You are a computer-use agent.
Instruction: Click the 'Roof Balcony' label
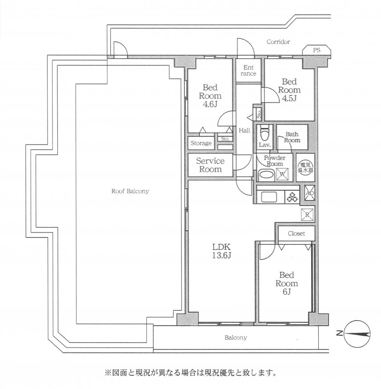[x=130, y=191]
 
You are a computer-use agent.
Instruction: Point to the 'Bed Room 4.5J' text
[x=289, y=89]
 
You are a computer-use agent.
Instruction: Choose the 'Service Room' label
[x=210, y=165]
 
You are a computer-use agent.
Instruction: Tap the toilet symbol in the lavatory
[x=265, y=132]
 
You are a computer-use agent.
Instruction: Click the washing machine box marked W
[x=281, y=175]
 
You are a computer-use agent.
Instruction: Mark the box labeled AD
[x=310, y=193]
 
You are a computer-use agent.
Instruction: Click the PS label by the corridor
[x=316, y=50]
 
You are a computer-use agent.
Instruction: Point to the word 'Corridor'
[x=278, y=42]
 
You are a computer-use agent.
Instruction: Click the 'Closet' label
[x=296, y=233]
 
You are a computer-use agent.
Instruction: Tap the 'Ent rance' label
[x=248, y=70]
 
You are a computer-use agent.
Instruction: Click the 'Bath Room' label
[x=293, y=137]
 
